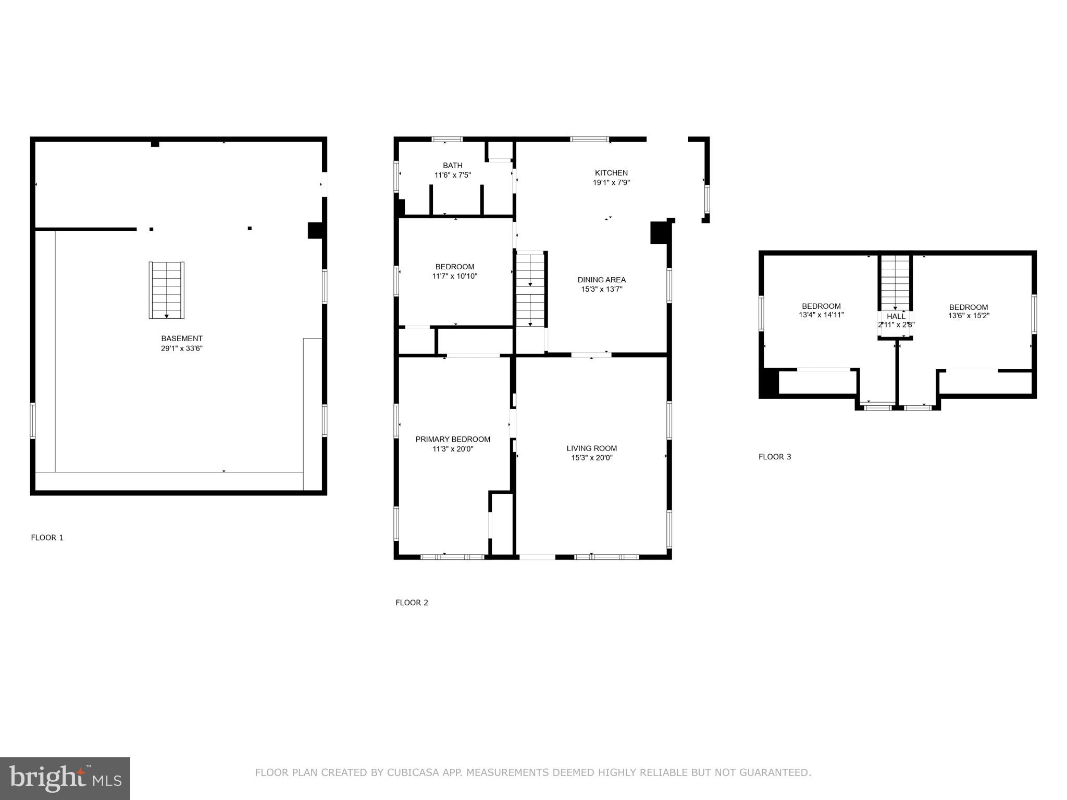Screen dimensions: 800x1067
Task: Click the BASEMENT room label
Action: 181,339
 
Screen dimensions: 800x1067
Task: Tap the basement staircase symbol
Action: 167,290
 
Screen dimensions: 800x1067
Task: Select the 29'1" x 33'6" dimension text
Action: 181,348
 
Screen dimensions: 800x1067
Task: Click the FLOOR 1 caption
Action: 47,537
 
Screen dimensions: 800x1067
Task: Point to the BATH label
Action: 452,166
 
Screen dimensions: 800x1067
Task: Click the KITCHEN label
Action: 611,173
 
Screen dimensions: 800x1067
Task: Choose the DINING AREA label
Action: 601,280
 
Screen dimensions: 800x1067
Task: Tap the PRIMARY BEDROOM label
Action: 452,439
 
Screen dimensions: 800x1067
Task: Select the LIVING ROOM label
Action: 591,448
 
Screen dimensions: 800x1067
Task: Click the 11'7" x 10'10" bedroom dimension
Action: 454,276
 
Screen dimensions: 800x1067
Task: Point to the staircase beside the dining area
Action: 530,290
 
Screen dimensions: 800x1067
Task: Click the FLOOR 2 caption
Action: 412,603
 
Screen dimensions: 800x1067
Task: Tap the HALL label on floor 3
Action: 896,316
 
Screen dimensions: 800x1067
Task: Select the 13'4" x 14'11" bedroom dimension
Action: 821,315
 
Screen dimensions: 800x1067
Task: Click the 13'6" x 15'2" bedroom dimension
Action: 968,316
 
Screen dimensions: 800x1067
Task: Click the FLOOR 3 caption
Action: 774,457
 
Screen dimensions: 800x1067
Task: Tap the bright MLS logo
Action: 65,778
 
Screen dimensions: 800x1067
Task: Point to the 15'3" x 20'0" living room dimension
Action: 591,458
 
